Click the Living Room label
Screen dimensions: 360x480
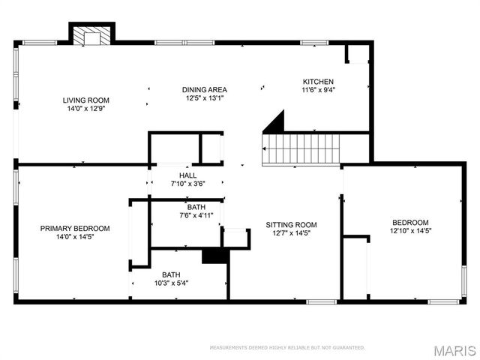(86, 100)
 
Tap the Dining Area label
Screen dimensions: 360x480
(204, 89)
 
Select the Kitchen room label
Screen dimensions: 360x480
(318, 82)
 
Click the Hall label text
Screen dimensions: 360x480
(187, 175)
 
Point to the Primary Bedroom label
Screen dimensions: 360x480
(75, 229)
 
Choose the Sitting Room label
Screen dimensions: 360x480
(292, 225)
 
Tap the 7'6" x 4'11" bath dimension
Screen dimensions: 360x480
(196, 215)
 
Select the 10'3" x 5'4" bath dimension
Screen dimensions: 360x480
(171, 283)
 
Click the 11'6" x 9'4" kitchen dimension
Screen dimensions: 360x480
(318, 90)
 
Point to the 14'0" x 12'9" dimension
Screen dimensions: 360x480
(86, 108)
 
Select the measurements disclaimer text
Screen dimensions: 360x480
(287, 348)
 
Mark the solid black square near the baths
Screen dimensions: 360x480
(214, 255)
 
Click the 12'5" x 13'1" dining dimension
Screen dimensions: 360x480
(204, 97)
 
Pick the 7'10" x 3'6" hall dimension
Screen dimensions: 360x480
(187, 183)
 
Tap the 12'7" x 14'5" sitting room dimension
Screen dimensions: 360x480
(292, 233)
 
